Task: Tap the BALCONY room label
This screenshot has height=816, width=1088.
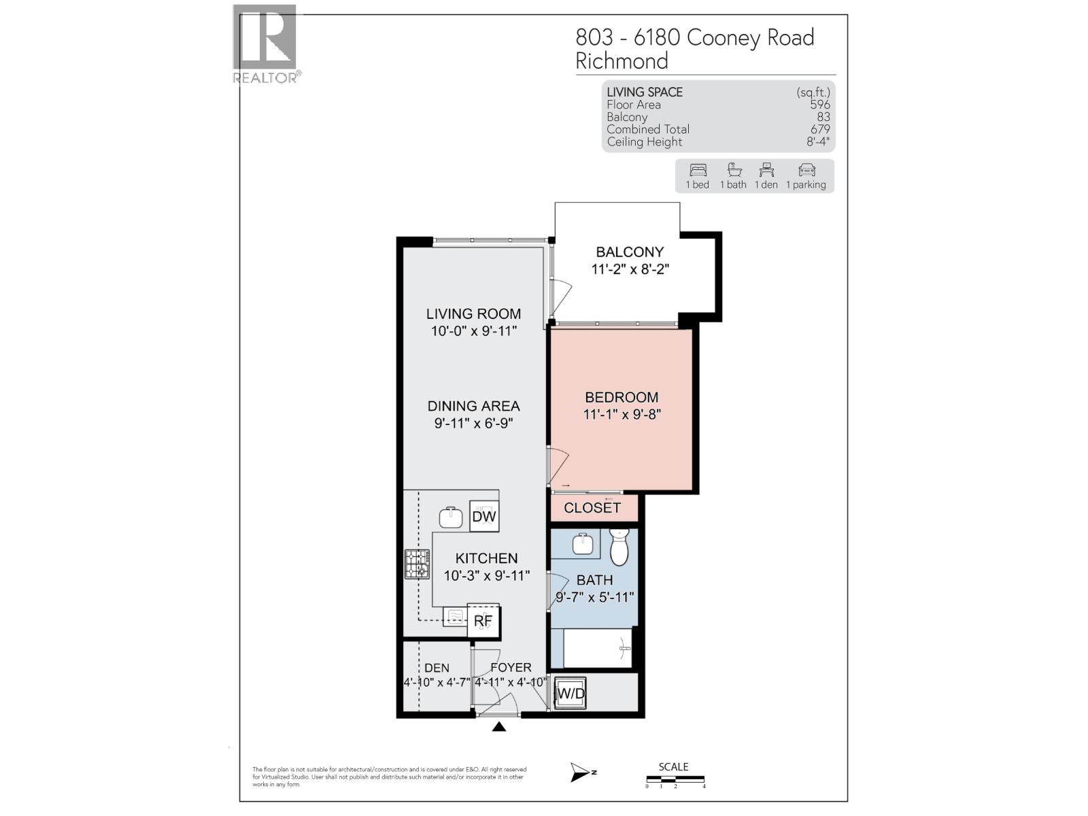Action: (630, 252)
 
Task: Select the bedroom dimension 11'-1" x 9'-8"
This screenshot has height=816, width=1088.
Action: (622, 414)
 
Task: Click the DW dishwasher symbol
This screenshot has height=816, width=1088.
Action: (484, 517)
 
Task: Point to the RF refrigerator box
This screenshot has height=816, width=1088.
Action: (483, 621)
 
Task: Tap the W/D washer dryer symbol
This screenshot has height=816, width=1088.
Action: (570, 694)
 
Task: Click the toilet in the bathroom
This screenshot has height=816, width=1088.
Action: (619, 548)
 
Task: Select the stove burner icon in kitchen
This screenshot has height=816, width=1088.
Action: (417, 564)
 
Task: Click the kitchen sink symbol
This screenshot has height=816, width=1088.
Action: (451, 517)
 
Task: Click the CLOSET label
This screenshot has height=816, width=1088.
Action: (592, 508)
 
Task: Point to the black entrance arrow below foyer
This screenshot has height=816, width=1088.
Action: (499, 727)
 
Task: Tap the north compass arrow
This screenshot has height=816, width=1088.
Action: (582, 772)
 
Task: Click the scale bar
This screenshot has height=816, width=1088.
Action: (675, 780)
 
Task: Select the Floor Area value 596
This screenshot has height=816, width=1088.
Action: (819, 105)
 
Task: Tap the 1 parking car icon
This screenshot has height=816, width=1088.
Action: (806, 170)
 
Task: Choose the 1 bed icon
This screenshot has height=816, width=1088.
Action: (698, 170)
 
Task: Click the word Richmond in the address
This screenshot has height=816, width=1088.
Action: (622, 61)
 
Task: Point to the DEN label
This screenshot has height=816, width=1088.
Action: (437, 668)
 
